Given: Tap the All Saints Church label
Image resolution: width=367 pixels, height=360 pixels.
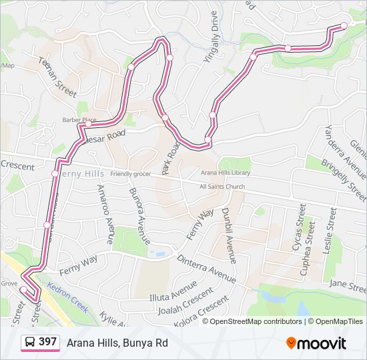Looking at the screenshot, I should click(222, 187).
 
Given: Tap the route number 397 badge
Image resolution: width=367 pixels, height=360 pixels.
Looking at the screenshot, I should click(47, 342).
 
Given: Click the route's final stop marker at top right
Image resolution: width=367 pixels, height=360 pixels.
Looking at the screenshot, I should click(344, 25).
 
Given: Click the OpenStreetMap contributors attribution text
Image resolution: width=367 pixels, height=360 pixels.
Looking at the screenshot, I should click(256, 321).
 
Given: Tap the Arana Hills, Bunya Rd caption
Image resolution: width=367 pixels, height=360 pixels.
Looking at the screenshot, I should click(117, 343).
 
